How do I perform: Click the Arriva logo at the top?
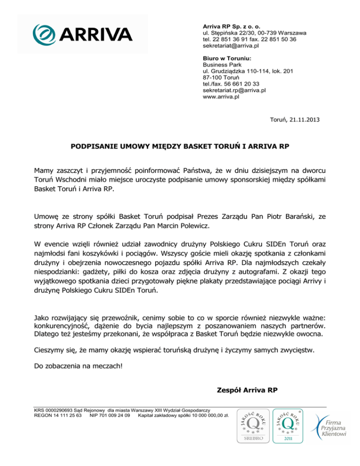[82, 33]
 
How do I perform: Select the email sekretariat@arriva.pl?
[231, 46]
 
